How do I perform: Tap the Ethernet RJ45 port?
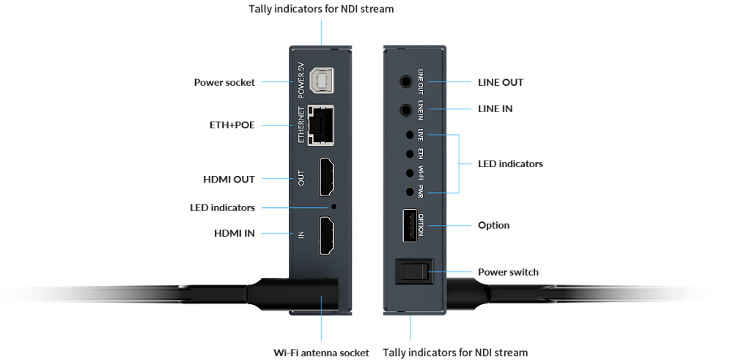pyautogui.click(x=321, y=125)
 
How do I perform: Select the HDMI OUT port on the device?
pyautogui.click(x=326, y=177)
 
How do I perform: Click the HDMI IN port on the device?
pyautogui.click(x=326, y=235)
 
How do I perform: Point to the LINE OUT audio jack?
pyautogui.click(x=406, y=82)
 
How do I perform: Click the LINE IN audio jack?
pyautogui.click(x=406, y=110)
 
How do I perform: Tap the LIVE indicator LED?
pyautogui.click(x=410, y=135)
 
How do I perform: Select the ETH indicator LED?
pyautogui.click(x=410, y=154)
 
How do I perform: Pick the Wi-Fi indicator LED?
pyautogui.click(x=410, y=173)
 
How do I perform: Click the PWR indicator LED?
pyautogui.click(x=410, y=191)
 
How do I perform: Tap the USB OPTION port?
pyautogui.click(x=410, y=225)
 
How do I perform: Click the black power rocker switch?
pyautogui.click(x=414, y=271)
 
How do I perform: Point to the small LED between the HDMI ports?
pyautogui.click(x=334, y=206)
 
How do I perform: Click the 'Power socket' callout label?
pyautogui.click(x=224, y=82)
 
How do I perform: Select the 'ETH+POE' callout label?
pyautogui.click(x=232, y=125)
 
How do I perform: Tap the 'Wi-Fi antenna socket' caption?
pyautogui.click(x=321, y=353)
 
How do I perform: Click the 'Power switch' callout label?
pyautogui.click(x=508, y=272)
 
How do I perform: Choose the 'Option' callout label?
pyautogui.click(x=493, y=225)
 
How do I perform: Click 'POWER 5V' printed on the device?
pyautogui.click(x=301, y=81)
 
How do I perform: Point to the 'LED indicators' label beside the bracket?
pyautogui.click(x=510, y=164)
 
